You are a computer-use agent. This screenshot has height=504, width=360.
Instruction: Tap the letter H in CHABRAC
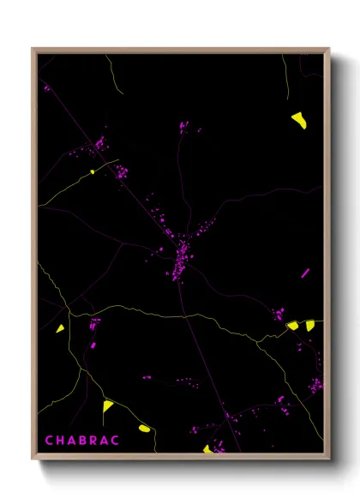pos(61,441)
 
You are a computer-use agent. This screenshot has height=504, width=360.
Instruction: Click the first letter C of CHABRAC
pos(49,441)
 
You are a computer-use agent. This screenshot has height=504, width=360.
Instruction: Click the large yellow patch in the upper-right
pos(298,120)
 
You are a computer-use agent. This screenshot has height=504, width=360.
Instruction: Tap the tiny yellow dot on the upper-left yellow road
pos(92,171)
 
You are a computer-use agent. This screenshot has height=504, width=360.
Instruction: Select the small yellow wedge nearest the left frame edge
pos(61,327)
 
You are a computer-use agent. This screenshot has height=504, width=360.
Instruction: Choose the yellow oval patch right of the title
pos(144,427)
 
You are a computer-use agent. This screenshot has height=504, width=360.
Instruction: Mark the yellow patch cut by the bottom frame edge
pos(207,448)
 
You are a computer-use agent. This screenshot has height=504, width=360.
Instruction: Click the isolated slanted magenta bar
pos(305,273)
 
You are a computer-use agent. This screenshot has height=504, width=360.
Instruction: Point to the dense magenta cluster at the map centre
pos(182,257)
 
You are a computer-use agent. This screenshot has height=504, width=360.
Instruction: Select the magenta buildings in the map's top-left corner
pos(47,87)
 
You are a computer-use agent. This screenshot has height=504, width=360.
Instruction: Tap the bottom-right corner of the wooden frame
pos(328,456)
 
